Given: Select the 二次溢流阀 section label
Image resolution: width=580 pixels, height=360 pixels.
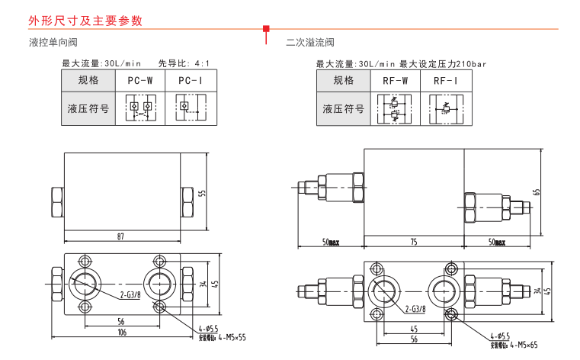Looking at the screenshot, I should pyautogui.click(x=310, y=43).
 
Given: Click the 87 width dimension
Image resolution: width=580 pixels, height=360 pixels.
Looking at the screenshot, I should pyautogui.click(x=120, y=236).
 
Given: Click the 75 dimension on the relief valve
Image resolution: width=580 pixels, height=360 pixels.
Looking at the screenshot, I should pyautogui.click(x=413, y=242).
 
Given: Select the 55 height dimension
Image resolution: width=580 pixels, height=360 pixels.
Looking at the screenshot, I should pyautogui.click(x=202, y=192).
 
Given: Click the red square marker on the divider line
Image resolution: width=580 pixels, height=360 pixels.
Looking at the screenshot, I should pyautogui.click(x=265, y=30).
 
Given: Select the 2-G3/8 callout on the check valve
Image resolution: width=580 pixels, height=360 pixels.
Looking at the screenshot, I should pyautogui.click(x=130, y=293).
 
